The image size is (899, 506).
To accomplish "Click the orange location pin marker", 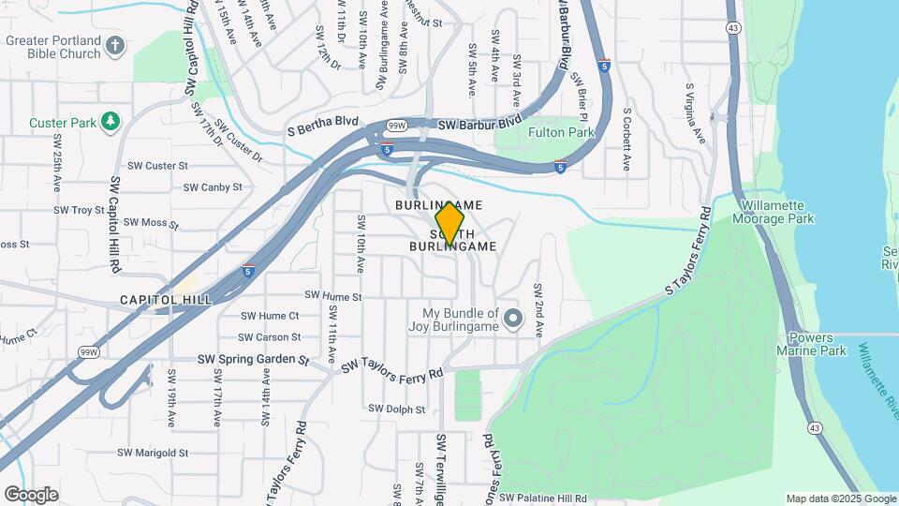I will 449,223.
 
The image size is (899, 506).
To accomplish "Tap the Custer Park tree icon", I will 111,122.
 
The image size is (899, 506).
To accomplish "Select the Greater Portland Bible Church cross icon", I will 114,45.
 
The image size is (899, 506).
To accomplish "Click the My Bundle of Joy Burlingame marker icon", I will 512,319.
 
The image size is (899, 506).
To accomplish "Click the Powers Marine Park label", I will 818,344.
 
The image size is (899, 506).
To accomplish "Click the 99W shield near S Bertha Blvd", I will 396,125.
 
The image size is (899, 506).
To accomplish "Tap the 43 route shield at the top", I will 732,28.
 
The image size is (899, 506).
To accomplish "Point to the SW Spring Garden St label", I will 253,359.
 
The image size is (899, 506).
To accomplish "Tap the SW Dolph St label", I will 396,409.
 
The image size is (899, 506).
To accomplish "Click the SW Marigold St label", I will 153,453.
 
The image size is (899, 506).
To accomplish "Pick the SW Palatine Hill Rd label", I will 542,499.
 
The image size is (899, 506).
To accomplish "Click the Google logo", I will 31,495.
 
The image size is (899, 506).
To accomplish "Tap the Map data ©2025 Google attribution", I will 840,499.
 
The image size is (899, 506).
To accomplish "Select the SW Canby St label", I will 213,187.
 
